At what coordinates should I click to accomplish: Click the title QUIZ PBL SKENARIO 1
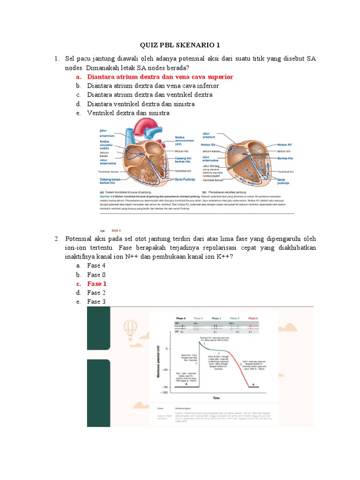click(180, 45)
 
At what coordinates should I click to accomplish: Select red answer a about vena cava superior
click(160, 77)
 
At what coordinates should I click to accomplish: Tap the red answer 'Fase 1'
click(97, 284)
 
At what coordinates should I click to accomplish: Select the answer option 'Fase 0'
click(97, 275)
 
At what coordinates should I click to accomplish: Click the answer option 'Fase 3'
click(97, 302)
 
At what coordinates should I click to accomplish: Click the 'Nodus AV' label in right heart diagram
click(285, 145)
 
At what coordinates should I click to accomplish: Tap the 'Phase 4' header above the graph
click(180, 318)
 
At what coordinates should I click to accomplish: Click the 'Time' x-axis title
click(216, 398)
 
